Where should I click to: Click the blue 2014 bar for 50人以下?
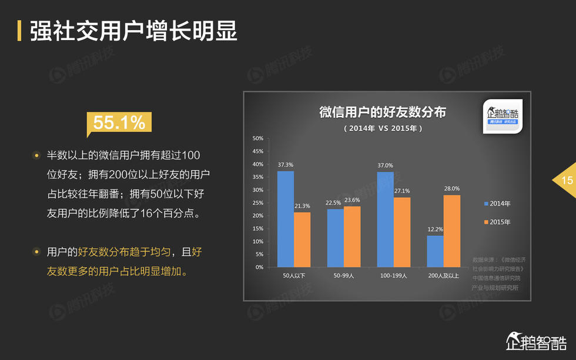pos(286,219)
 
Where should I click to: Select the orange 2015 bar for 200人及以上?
pos(451,231)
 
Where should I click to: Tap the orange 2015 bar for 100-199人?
pos(402,232)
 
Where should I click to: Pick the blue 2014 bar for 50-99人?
pos(335,238)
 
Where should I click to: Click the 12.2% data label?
pos(435,229)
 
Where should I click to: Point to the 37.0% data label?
pos(385,165)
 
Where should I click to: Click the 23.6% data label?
pos(351,200)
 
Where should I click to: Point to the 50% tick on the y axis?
pos(257,139)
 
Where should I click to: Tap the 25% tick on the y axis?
pos(257,203)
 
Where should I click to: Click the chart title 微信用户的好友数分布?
pos(383,112)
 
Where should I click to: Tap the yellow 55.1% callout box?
pos(119,122)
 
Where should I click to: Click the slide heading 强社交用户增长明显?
pos(134,31)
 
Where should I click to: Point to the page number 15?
pos(567,181)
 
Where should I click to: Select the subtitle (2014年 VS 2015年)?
pos(383,128)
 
